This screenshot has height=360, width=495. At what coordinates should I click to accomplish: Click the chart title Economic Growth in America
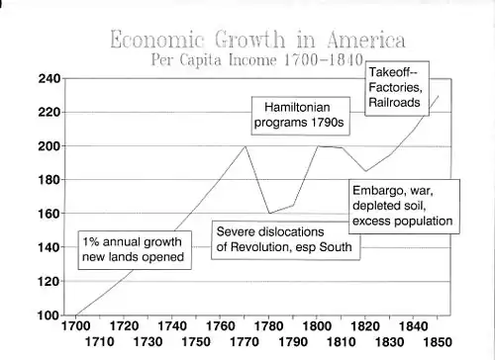(257, 40)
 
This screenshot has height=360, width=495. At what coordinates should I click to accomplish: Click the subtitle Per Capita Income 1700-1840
(257, 59)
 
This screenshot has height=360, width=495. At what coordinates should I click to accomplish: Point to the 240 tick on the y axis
(49, 78)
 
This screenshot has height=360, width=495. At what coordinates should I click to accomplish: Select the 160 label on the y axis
(49, 214)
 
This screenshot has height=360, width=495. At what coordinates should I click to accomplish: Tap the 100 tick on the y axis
(49, 315)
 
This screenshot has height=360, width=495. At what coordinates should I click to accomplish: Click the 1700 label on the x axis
(76, 326)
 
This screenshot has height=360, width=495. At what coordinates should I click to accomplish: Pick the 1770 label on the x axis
(245, 342)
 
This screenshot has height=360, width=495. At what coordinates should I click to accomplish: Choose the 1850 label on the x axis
(438, 342)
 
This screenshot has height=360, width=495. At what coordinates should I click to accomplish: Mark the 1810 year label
(342, 342)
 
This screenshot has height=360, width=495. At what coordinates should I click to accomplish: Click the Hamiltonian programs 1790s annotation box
(300, 116)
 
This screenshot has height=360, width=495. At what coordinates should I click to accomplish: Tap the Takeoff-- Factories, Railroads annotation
(397, 88)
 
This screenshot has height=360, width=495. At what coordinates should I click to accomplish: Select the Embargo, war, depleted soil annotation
(404, 207)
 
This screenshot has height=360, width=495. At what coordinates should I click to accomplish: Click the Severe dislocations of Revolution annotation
(286, 240)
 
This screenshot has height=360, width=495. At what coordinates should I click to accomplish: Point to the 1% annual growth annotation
(135, 250)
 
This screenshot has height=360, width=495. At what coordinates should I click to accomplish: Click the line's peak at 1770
(245, 146)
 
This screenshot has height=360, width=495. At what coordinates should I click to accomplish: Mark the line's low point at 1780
(269, 214)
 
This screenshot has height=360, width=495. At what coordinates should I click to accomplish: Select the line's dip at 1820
(365, 171)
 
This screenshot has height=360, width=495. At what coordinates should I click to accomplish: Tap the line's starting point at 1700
(76, 315)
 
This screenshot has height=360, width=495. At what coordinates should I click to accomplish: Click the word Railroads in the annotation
(394, 103)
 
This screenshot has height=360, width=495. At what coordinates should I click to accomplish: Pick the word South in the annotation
(336, 247)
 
